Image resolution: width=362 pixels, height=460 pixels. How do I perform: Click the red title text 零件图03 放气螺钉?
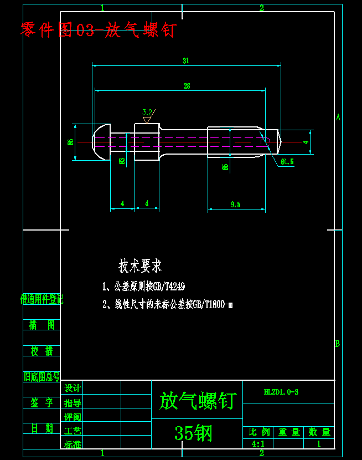pyautogui.click(x=98, y=30)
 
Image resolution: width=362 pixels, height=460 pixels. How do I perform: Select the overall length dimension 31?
pyautogui.click(x=186, y=61)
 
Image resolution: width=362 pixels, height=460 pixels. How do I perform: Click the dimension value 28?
pyautogui.click(x=187, y=86)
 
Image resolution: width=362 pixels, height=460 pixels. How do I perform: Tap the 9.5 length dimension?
pyautogui.click(x=235, y=205)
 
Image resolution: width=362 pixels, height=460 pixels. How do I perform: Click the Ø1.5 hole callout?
pyautogui.click(x=287, y=162)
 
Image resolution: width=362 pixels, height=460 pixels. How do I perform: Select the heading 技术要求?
pyautogui.click(x=140, y=267)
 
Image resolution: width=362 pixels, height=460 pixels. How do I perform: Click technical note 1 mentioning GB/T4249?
pyautogui.click(x=144, y=287)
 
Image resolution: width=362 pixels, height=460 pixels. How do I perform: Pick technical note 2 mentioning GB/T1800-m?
pyautogui.click(x=168, y=304)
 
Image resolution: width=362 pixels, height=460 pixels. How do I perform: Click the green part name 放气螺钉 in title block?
pyautogui.click(x=197, y=400)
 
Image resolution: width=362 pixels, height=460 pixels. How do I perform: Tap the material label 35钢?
pyautogui.click(x=193, y=433)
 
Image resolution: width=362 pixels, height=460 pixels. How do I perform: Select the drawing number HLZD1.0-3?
pyautogui.click(x=281, y=392)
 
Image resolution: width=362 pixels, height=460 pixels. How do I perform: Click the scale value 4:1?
pyautogui.click(x=258, y=444)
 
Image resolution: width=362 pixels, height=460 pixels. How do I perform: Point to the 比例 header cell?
pyautogui.click(x=259, y=432)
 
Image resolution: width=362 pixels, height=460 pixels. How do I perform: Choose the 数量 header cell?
pyautogui.click(x=319, y=432)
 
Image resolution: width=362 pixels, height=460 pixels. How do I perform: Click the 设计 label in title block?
pyautogui.click(x=73, y=388)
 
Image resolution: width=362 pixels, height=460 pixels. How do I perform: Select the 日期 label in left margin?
pyautogui.click(x=42, y=428)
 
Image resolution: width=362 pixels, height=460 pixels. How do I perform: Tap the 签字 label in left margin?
pyautogui.click(x=42, y=403)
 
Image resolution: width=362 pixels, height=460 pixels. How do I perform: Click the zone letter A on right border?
pyautogui.click(x=338, y=117)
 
